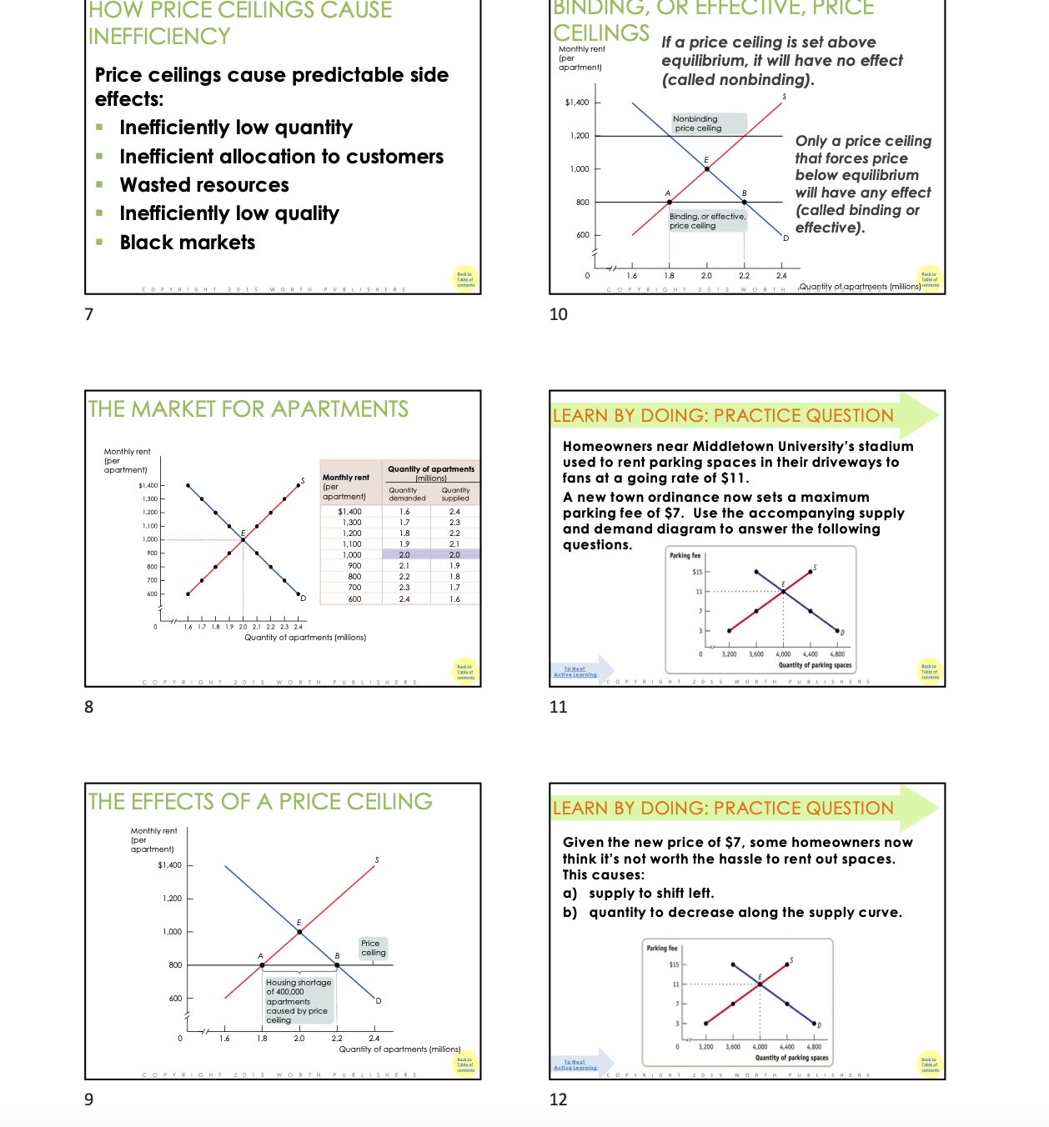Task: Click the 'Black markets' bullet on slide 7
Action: pos(187,243)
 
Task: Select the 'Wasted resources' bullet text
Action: pos(203,185)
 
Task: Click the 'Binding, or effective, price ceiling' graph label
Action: pos(707,221)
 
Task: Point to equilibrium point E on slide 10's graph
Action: pos(707,168)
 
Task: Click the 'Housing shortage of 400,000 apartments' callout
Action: pos(298,1000)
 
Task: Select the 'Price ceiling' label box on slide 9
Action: pos(373,948)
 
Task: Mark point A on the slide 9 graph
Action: pos(263,965)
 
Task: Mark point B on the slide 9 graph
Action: pos(337,965)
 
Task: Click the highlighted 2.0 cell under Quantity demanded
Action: pos(404,554)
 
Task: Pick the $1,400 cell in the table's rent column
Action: pos(350,512)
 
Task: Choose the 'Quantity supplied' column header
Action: pos(455,494)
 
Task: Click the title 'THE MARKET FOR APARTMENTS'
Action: pos(248,409)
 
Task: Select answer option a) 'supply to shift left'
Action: pos(650,894)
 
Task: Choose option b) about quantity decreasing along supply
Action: pos(745,913)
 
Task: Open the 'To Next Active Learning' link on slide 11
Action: pos(575,672)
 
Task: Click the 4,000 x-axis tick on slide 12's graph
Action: pos(760,1046)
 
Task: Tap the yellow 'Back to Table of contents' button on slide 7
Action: pos(465,278)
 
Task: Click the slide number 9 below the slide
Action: pos(89,1099)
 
